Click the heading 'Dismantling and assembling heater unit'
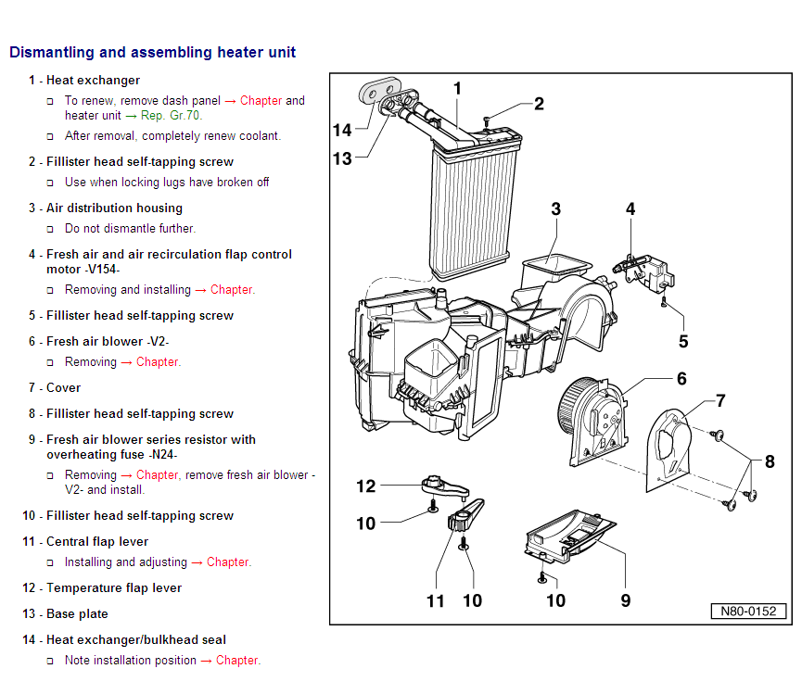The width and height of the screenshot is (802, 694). click(x=152, y=53)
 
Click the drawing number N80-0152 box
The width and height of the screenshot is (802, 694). click(x=748, y=612)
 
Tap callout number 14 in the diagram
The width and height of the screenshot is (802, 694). click(x=342, y=131)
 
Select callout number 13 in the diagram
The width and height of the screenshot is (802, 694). click(x=342, y=158)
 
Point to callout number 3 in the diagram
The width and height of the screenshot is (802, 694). click(x=555, y=209)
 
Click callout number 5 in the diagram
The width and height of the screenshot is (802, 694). click(x=683, y=341)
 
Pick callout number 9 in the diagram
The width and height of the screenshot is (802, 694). click(x=626, y=600)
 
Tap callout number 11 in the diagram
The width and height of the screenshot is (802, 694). click(x=437, y=600)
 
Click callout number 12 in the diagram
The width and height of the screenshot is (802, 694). click(x=366, y=486)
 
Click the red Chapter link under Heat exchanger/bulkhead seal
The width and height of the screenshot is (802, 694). click(x=237, y=661)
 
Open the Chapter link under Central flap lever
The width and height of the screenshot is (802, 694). click(x=228, y=562)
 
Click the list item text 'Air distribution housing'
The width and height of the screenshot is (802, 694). click(x=114, y=208)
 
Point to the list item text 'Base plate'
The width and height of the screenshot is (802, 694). click(x=77, y=614)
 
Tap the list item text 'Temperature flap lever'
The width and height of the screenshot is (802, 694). click(x=114, y=588)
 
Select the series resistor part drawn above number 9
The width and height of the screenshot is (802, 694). click(x=567, y=541)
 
